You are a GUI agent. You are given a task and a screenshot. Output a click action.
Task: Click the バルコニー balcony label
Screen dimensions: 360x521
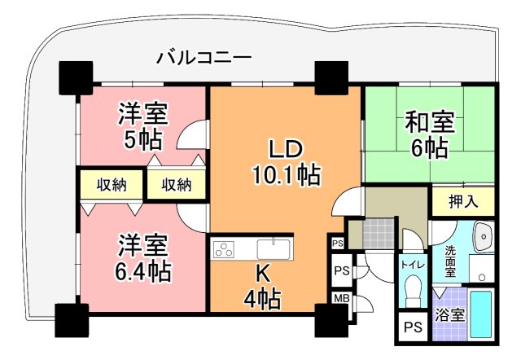coord(204,58)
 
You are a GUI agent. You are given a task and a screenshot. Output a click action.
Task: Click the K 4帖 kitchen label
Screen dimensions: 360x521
coord(263,288)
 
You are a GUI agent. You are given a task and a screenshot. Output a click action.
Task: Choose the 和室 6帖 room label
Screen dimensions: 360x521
coord(429,135)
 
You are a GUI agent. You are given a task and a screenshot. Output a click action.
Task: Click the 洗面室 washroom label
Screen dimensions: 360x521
coord(450,260)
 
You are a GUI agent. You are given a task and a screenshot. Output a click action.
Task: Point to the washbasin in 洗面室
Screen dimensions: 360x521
coord(484,235)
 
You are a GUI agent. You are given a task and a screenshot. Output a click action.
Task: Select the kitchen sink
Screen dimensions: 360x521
coord(273,248)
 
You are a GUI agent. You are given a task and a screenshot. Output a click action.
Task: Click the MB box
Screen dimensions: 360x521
coord(341,298)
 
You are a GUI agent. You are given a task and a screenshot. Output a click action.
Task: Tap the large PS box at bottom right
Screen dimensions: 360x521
coord(413,329)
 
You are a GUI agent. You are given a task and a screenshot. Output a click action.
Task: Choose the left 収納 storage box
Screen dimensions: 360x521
coord(108,185)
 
